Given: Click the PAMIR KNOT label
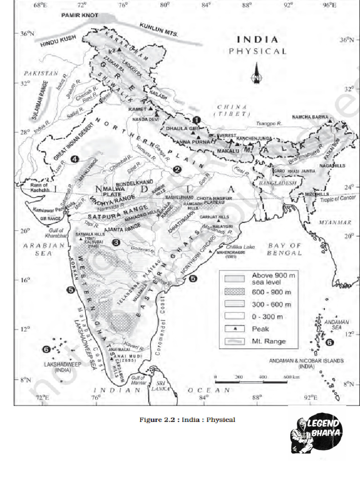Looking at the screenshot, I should pos(80,15).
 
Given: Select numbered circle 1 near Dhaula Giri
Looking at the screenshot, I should pos(197,120).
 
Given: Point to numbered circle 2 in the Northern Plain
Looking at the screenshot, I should pos(177,169).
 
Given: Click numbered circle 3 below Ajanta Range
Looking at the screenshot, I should pos(115,242).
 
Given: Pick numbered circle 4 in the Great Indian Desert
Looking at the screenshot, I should pos(75,159).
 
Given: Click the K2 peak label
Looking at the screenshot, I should pos(112,50).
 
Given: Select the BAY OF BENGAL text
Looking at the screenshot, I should pos(285,249).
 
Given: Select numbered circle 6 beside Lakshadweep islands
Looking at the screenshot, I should pos(45,349).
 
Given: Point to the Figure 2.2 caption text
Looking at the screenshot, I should pos(187,420).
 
